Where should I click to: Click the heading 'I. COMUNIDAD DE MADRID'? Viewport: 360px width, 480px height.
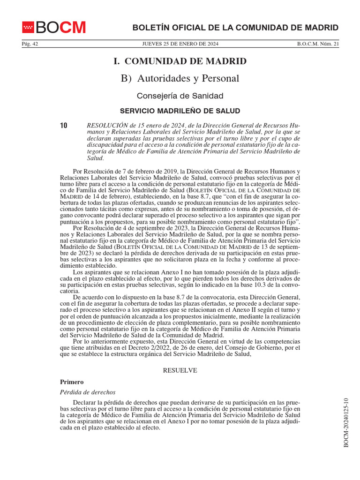[180, 61]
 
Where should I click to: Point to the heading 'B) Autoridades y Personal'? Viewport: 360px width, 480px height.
[180, 78]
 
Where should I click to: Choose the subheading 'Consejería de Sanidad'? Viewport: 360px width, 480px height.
[180, 96]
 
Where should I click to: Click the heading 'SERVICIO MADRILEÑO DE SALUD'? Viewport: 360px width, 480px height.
[180, 111]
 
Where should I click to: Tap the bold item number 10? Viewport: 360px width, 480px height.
[64, 126]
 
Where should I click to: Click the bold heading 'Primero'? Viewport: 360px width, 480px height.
[72, 382]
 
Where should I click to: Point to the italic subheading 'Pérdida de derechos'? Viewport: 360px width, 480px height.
[88, 392]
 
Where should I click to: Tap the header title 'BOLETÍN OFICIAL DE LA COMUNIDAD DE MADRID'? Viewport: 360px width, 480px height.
[235, 28]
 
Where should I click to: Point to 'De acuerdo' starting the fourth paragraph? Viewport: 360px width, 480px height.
[88, 297]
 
